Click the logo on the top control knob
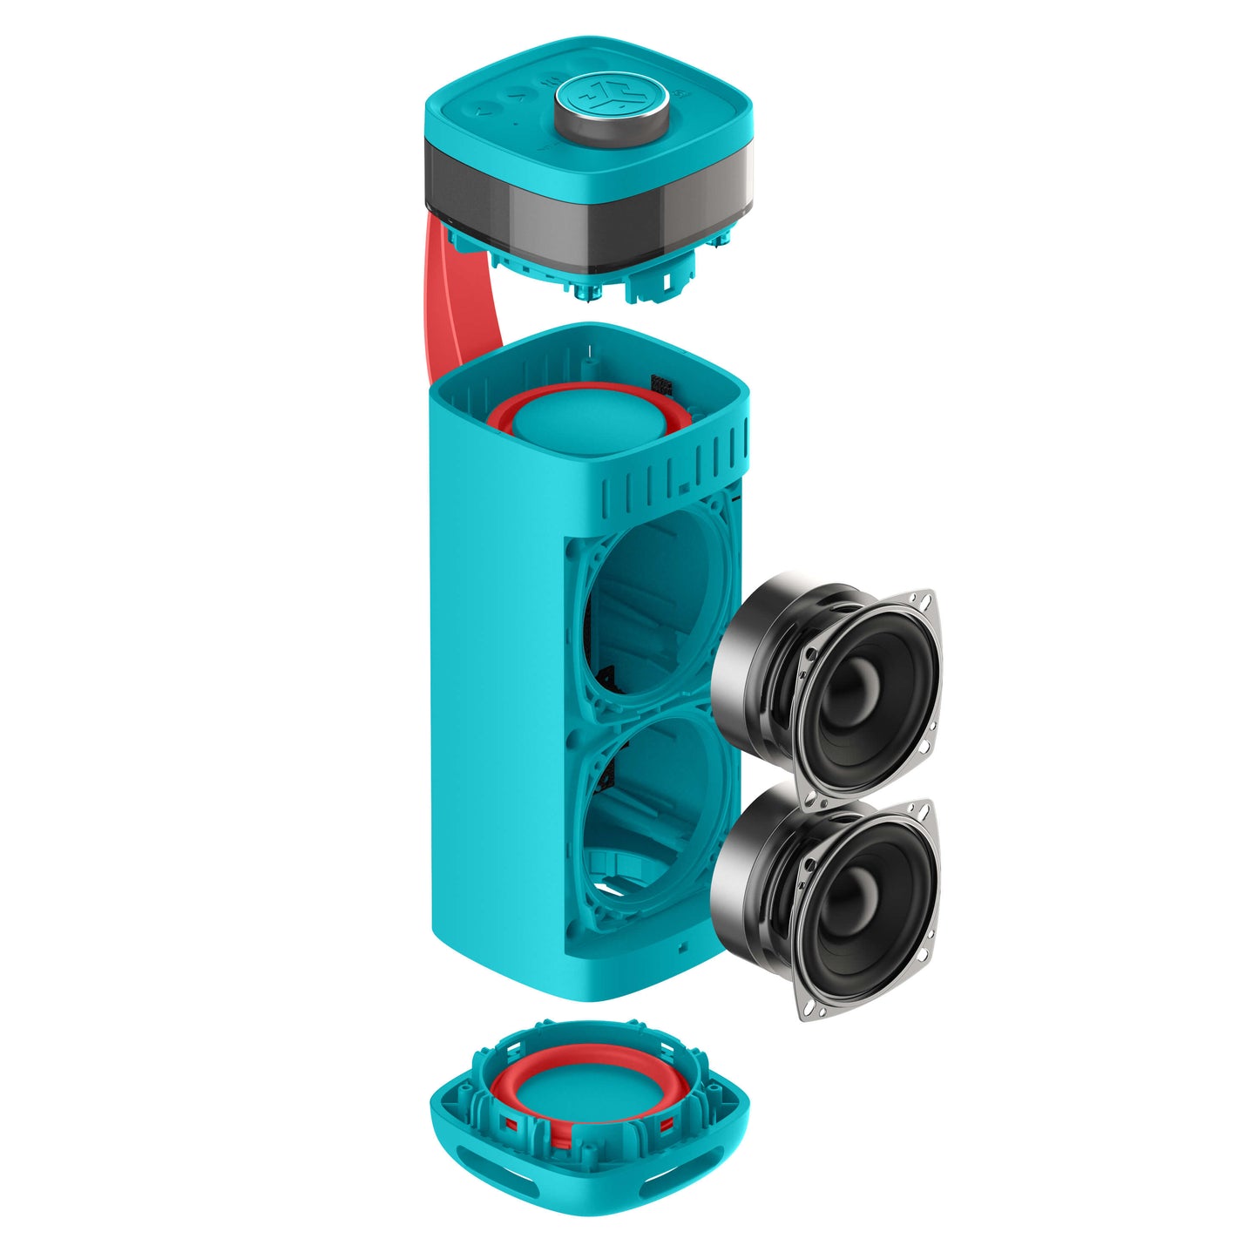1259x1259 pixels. click(x=612, y=93)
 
